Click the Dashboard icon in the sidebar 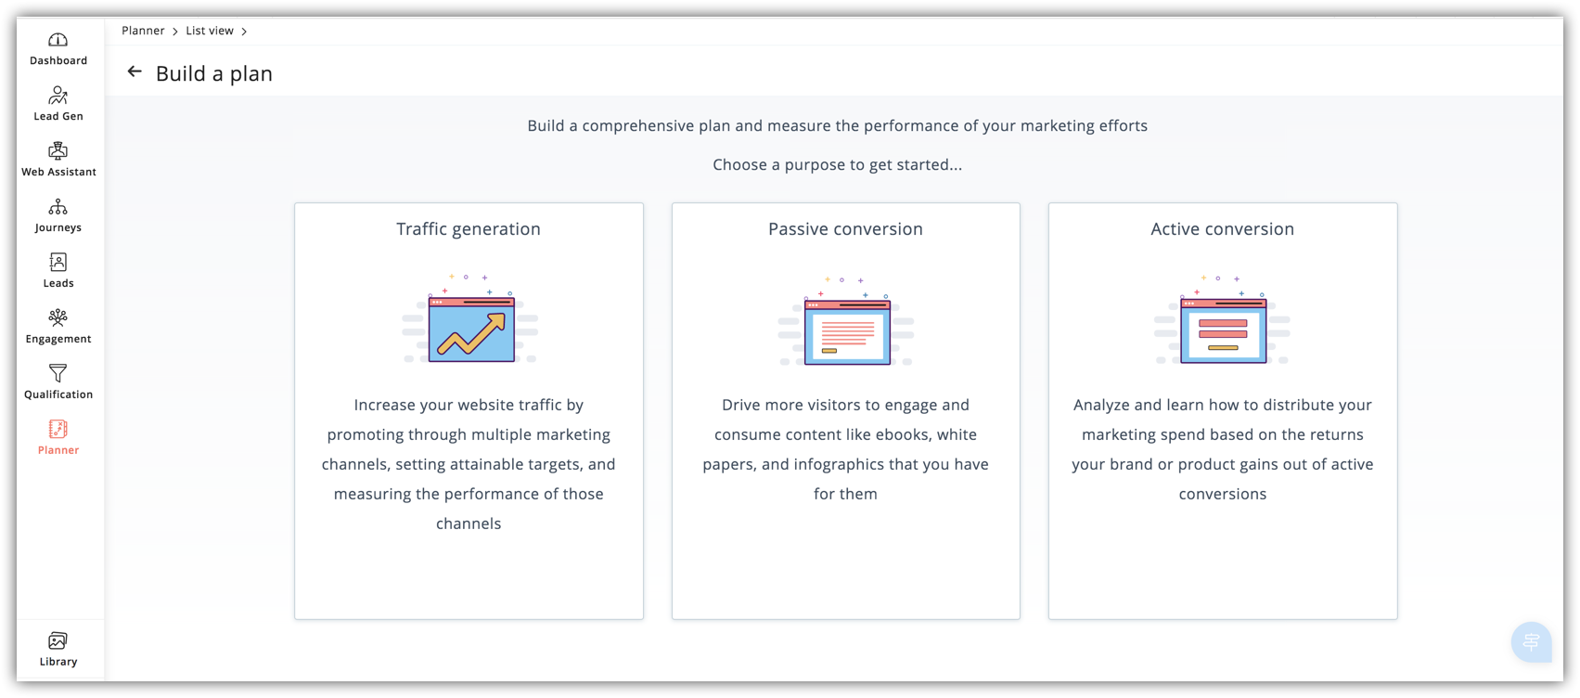click(58, 40)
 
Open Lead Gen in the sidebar click(58, 96)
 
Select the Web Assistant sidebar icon click(58, 150)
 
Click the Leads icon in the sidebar click(58, 263)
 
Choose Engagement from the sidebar click(58, 317)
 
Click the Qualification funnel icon click(58, 373)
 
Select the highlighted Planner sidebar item click(58, 437)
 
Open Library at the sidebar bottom click(58, 650)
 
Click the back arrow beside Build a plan click(135, 72)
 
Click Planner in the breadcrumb click(143, 31)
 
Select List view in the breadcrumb click(210, 31)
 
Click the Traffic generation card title click(469, 228)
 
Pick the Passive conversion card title click(845, 228)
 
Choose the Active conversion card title click(1223, 228)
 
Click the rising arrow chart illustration click(470, 319)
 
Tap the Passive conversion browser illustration click(846, 322)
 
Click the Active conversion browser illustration click(1223, 319)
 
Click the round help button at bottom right click(1532, 641)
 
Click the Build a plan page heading click(213, 73)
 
